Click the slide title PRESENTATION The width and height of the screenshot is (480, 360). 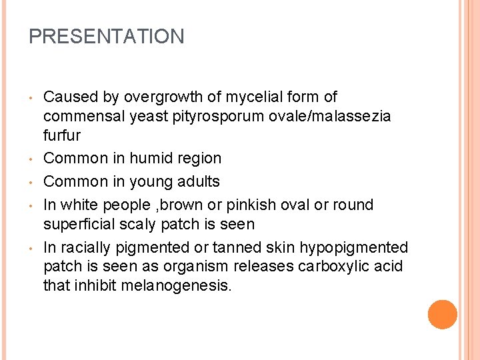(x=107, y=37)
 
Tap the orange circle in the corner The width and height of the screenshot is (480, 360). (x=443, y=315)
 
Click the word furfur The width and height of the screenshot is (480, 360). (x=62, y=136)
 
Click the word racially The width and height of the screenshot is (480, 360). (x=84, y=247)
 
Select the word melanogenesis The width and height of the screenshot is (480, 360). (x=177, y=286)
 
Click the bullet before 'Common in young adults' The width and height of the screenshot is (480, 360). (x=32, y=182)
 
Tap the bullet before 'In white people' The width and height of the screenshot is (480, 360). (x=32, y=205)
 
